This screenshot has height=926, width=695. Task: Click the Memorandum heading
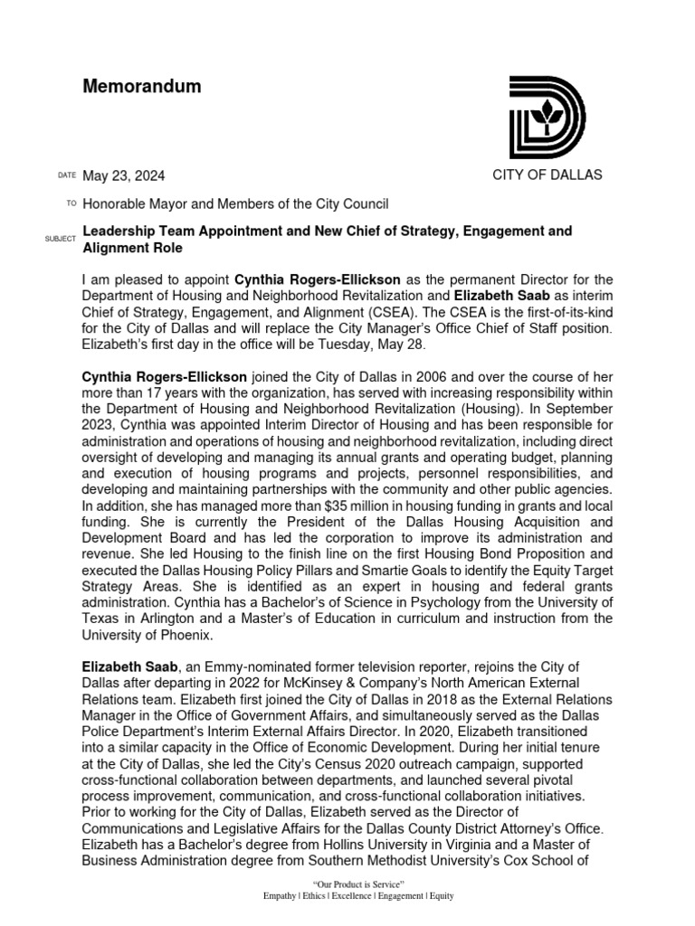(x=142, y=88)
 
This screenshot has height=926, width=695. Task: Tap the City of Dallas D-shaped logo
(x=547, y=118)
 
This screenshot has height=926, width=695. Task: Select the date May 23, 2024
(x=124, y=175)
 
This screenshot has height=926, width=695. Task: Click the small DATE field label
(x=66, y=175)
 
